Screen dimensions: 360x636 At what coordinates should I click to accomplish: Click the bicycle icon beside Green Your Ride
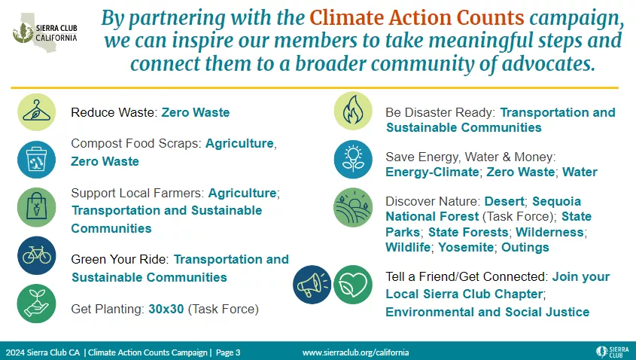pyautogui.click(x=36, y=256)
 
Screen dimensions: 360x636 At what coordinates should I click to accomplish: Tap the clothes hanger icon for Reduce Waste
pyautogui.click(x=36, y=113)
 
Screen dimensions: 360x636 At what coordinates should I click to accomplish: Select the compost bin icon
pyautogui.click(x=36, y=160)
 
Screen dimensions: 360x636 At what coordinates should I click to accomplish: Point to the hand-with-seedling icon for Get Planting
pyautogui.click(x=36, y=304)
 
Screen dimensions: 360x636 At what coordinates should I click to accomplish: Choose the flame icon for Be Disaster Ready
pyautogui.click(x=352, y=111)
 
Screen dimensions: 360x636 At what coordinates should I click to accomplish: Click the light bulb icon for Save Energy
pyautogui.click(x=352, y=160)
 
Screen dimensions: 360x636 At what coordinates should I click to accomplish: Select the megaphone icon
pyautogui.click(x=312, y=284)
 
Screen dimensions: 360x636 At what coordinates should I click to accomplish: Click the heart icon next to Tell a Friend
pyautogui.click(x=352, y=284)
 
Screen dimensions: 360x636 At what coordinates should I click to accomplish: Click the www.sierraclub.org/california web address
pyautogui.click(x=355, y=352)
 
